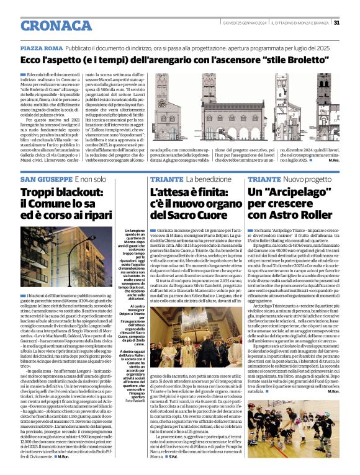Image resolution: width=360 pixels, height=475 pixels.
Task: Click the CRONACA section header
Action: click(48, 25)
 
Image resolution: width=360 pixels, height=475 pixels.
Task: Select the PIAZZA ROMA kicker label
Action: click(42, 48)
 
